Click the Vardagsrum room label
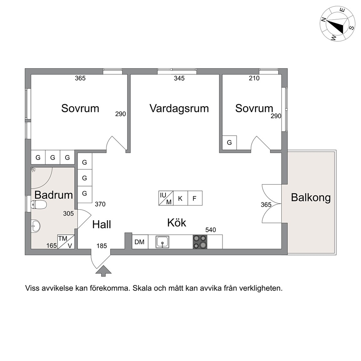coord(179,108)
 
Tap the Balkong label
coord(311,198)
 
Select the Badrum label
coord(53,195)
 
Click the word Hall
coord(102,225)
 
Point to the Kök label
coord(176,223)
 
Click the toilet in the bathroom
coord(39,205)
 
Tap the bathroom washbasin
coord(35,225)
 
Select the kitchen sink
coord(162,242)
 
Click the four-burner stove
coord(200,242)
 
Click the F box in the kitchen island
coord(195,198)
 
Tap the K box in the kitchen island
coord(180,198)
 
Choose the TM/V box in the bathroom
coord(66,242)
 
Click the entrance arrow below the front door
coord(103,271)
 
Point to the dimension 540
coord(211,230)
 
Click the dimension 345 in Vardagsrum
coord(179,78)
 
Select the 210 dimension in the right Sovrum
coord(254,78)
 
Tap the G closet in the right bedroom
coord(229,143)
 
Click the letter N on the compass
coord(324,20)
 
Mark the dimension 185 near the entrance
coord(102,246)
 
